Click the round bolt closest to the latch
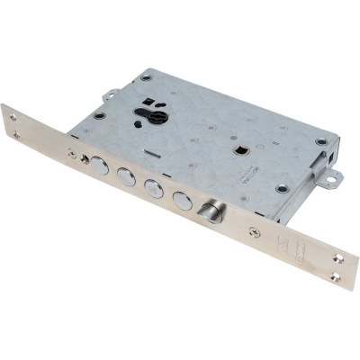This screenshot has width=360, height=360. [x=183, y=201]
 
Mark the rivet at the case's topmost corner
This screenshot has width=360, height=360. [x=147, y=78]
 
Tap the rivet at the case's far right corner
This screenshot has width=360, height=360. [x=321, y=142]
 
